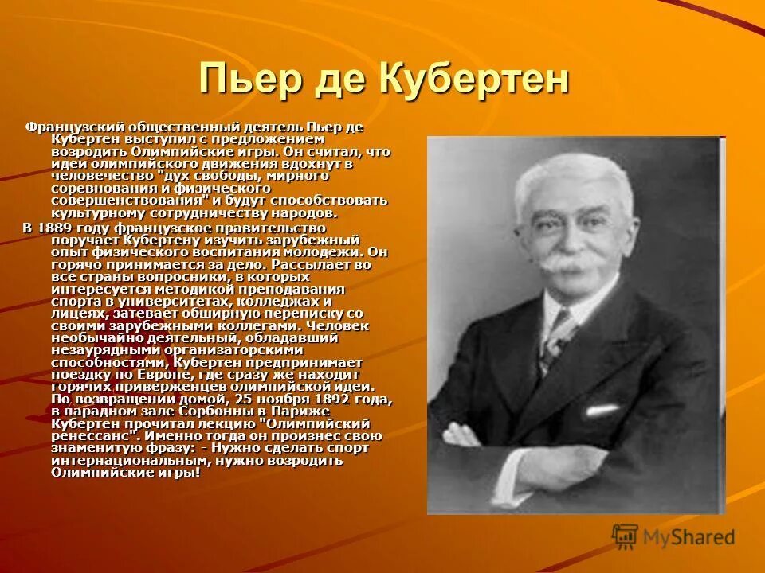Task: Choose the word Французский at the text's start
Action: point(69,127)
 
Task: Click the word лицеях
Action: point(76,314)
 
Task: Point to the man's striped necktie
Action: point(555,338)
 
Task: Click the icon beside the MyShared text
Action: point(625,537)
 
